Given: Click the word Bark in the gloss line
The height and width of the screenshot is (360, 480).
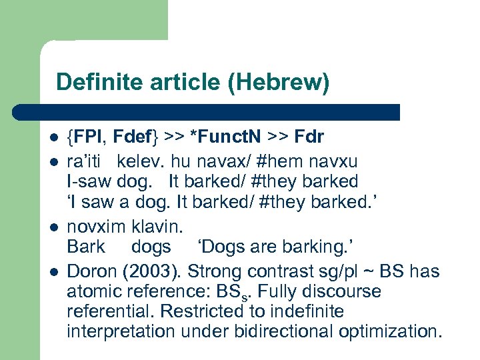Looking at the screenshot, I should tap(85, 247).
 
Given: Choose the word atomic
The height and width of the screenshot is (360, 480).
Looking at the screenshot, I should tap(93, 292).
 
